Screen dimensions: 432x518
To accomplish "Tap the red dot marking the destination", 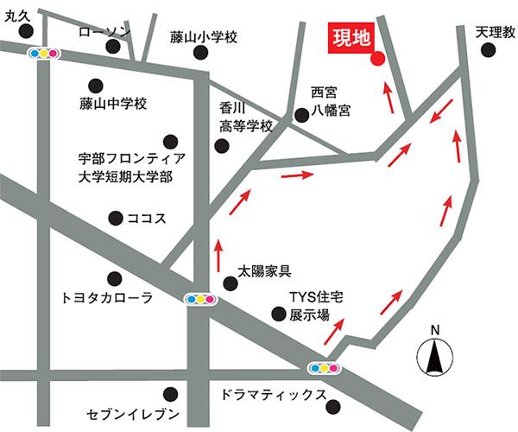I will [x=376, y=59].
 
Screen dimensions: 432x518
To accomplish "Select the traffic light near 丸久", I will [x=42, y=54].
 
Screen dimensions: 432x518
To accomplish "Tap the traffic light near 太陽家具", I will [x=201, y=299].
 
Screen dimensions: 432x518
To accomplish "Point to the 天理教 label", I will [x=495, y=31].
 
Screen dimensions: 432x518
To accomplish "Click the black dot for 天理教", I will [x=488, y=51].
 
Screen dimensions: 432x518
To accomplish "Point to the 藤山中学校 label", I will [x=113, y=105].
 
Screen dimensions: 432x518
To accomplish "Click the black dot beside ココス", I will [x=113, y=218].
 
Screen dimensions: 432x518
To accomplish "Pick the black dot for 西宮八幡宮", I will [x=300, y=113].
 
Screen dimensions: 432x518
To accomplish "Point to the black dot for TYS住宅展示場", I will [x=276, y=314].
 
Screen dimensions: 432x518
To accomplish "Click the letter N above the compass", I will [x=436, y=329].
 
